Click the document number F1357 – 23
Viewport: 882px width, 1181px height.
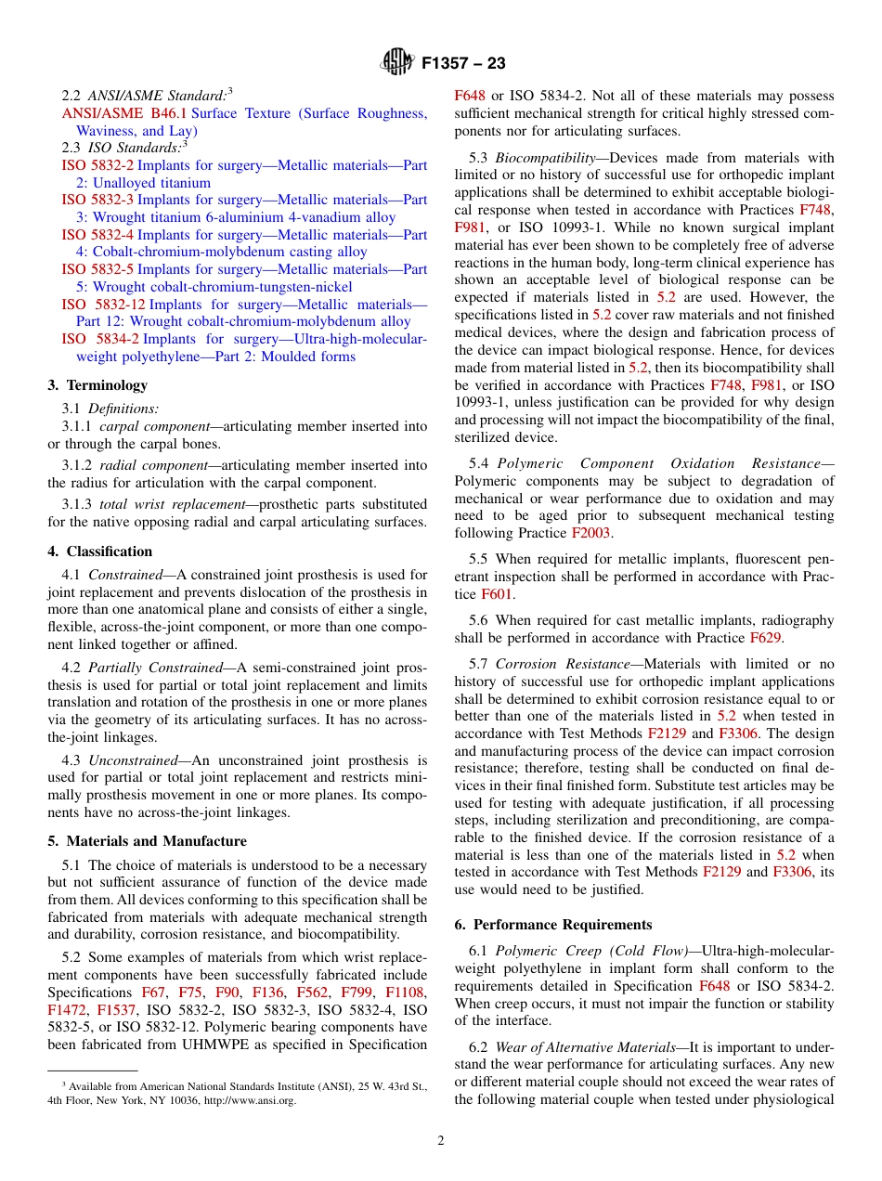coord(463,64)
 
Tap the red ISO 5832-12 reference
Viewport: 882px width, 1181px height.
coord(103,305)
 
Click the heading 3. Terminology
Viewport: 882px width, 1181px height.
coord(97,385)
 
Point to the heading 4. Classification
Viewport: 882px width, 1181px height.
coord(100,552)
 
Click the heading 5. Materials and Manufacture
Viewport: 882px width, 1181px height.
coord(148,841)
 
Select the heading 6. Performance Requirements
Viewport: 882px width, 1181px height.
coord(553,925)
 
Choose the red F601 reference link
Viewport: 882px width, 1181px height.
coord(498,593)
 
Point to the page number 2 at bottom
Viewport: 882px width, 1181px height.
coord(441,1141)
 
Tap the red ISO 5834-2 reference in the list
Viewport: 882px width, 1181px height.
coord(100,339)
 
